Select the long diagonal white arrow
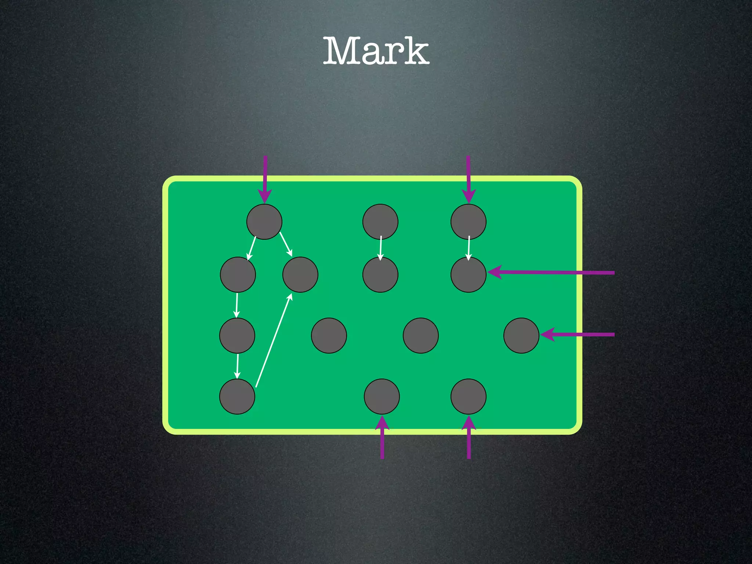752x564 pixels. click(274, 340)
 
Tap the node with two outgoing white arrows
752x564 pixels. click(264, 222)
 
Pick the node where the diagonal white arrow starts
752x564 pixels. click(237, 397)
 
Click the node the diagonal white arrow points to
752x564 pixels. click(300, 275)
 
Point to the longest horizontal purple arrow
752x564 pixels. click(551, 272)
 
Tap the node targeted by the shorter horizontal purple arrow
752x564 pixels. click(521, 336)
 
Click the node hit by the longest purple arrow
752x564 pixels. click(469, 275)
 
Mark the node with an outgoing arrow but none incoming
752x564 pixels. click(380, 222)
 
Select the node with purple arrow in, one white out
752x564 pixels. click(469, 222)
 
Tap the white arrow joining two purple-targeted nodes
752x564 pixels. click(469, 248)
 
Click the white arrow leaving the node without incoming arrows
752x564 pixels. click(381, 248)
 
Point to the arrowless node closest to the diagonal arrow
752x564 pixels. click(329, 336)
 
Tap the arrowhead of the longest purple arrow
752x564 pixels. click(494, 272)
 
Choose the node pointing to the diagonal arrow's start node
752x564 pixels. click(237, 336)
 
